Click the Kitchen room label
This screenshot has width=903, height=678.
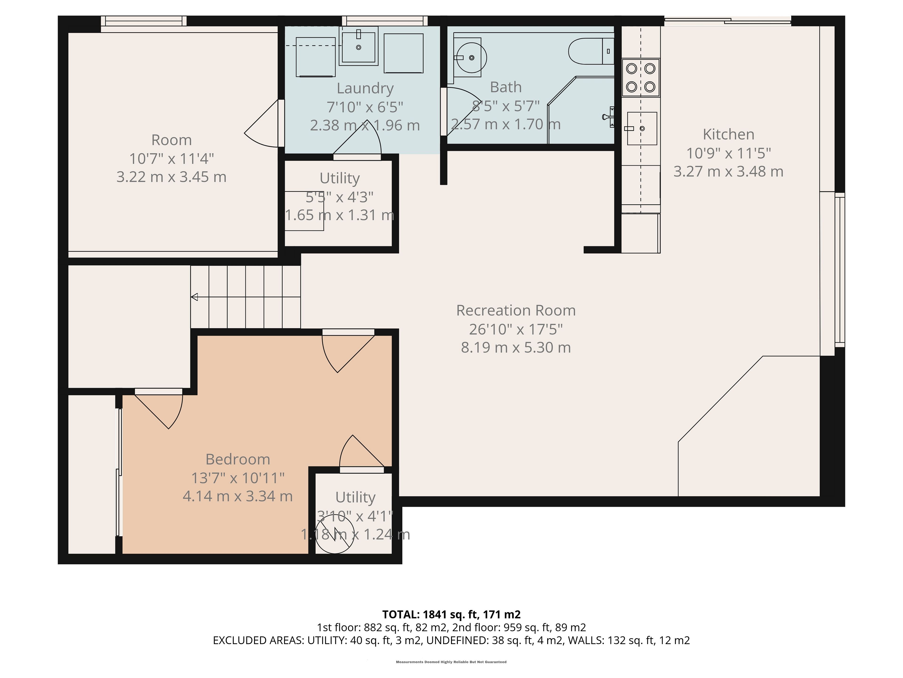(728, 134)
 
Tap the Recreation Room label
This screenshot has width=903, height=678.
(516, 311)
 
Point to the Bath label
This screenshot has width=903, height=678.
(506, 87)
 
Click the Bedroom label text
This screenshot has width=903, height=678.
(238, 459)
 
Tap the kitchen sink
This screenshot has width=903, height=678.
(642, 128)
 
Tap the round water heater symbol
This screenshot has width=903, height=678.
(335, 533)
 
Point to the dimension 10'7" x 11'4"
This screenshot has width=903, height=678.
(171, 159)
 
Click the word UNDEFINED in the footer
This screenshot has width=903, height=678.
(457, 640)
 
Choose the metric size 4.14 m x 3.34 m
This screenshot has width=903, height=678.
(238, 496)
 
